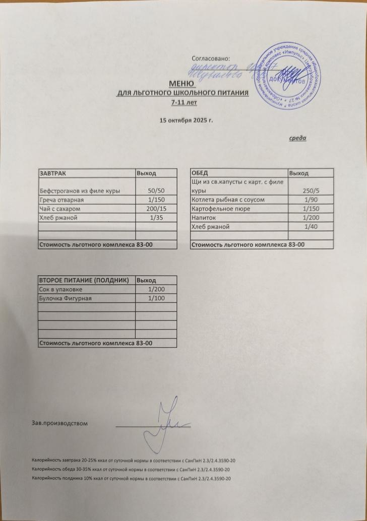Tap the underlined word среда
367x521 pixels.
tap(298, 138)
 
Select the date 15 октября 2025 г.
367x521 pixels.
tap(183, 120)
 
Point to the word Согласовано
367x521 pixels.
tap(211, 60)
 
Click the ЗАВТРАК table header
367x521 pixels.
tap(53, 173)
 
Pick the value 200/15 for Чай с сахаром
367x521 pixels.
tap(156, 208)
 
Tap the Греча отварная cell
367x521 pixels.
tap(60, 200)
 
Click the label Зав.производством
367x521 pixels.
tap(60, 423)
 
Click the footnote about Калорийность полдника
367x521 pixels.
tap(132, 478)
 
